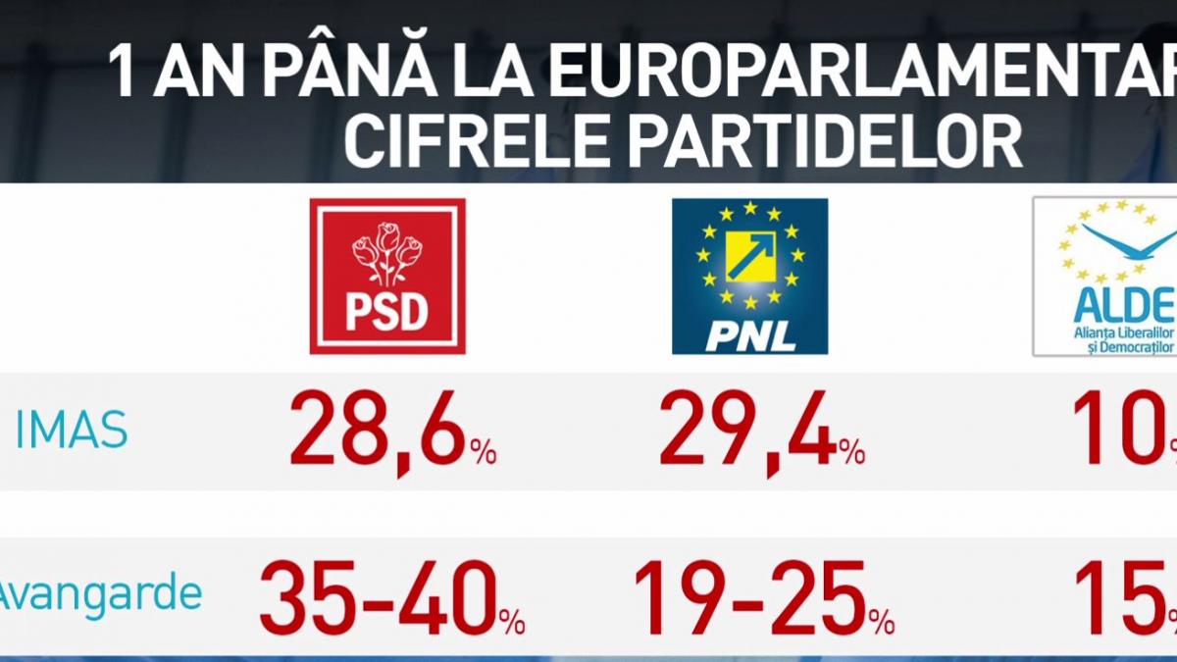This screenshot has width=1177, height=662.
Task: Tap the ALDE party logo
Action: [1106, 277]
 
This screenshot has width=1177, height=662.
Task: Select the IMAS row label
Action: [71, 430]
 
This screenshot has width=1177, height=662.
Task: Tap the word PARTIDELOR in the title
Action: [824, 143]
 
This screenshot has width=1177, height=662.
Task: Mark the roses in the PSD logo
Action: [386, 250]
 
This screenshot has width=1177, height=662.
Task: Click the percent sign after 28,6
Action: [482, 452]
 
